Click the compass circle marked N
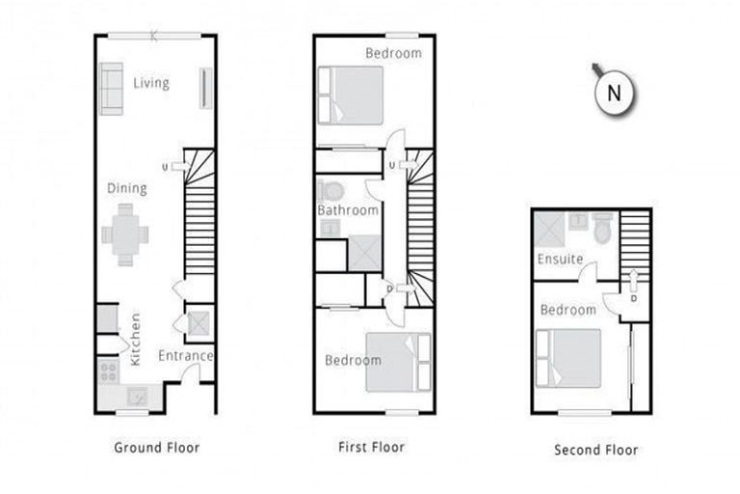click(x=614, y=94)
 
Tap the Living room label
click(x=151, y=83)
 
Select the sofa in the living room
click(x=111, y=89)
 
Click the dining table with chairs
click(x=125, y=233)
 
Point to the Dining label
click(x=127, y=188)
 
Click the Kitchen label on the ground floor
click(x=135, y=338)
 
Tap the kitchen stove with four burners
click(x=108, y=370)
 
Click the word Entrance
click(x=185, y=356)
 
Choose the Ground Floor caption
click(x=157, y=448)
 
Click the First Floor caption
click(x=371, y=448)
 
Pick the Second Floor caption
click(x=595, y=450)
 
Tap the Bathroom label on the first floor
click(x=348, y=210)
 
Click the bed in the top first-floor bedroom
click(x=351, y=95)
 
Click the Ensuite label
click(x=560, y=260)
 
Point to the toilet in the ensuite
click(x=603, y=229)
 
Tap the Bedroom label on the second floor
click(x=568, y=311)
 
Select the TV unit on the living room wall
click(x=204, y=88)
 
